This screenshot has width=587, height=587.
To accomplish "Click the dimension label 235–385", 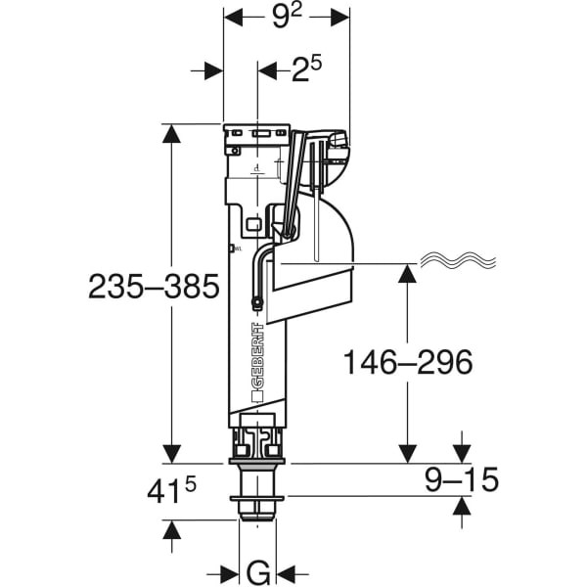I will pos(153,287).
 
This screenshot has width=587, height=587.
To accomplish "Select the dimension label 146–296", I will pos(408,361).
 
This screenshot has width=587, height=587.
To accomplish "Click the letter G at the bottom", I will pos(257,571).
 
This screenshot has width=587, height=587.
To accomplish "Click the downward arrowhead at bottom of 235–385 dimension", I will pos(172,453).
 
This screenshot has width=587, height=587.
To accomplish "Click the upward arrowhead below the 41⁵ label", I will pos(172,530).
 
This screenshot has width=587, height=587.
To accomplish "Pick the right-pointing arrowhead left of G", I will pos(230,572).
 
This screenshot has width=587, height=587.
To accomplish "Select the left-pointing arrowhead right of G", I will pos(288,572).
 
